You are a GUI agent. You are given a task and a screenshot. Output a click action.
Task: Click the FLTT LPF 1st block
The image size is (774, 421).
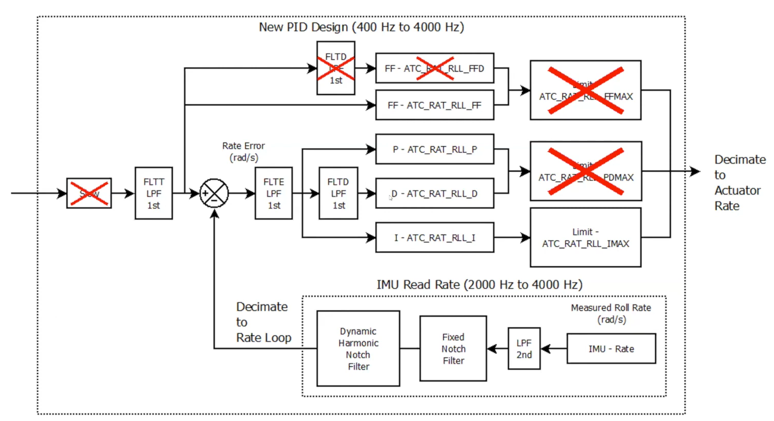click(153, 193)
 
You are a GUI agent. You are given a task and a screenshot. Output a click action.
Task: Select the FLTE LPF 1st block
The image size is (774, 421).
click(273, 193)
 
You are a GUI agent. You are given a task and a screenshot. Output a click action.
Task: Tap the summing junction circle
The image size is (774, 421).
click(214, 193)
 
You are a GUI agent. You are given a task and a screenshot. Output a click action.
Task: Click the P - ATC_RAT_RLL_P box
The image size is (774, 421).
click(434, 149)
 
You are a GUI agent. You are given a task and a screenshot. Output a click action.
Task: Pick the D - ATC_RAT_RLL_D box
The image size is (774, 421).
click(434, 193)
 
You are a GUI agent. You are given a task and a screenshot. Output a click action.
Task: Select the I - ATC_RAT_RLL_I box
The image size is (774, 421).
click(434, 237)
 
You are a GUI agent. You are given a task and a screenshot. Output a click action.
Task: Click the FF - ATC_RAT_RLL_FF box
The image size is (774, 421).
click(434, 105)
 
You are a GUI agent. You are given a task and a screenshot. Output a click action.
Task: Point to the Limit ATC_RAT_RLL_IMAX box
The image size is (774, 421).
click(585, 237)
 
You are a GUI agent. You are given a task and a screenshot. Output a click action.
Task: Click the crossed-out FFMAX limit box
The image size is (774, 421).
click(585, 90)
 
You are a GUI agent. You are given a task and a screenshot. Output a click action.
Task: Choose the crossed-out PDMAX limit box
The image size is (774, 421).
click(585, 171)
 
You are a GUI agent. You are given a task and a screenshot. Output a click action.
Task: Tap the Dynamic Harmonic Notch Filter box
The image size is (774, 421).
click(358, 349)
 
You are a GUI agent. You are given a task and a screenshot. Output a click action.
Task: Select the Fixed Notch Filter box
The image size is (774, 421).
click(453, 349)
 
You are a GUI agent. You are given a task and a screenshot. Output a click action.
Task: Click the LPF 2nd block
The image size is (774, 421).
click(524, 349)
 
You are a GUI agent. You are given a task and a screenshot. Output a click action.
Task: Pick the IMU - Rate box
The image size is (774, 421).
click(611, 349)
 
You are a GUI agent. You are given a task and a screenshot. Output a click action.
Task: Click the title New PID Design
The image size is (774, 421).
click(361, 27)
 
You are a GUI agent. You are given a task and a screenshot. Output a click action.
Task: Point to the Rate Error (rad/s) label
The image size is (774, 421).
click(243, 152)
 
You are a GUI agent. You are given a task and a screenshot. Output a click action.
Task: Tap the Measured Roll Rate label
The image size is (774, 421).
click(611, 313)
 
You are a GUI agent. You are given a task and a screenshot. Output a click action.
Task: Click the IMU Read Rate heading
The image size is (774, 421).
click(479, 285)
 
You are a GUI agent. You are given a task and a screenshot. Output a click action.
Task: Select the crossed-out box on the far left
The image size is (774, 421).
click(89, 193)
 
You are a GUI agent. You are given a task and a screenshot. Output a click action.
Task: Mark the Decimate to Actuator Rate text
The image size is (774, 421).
click(739, 183)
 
